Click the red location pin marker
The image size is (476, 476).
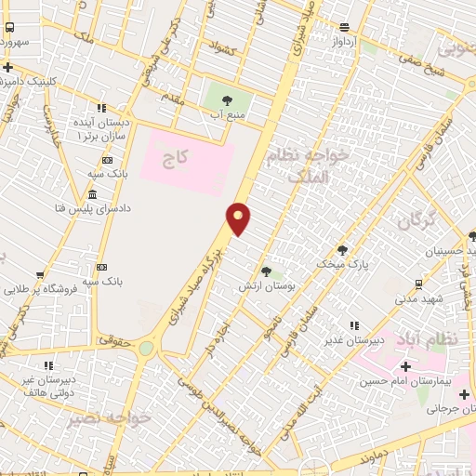(x=239, y=218)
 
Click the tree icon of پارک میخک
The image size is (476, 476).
(x=342, y=250)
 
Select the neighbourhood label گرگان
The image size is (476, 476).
(x=416, y=220)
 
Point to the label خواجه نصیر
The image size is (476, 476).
(x=108, y=418)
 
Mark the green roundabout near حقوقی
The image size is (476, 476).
(x=146, y=349)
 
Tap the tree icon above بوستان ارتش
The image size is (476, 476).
(x=267, y=271)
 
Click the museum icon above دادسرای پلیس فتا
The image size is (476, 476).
(x=92, y=194)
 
